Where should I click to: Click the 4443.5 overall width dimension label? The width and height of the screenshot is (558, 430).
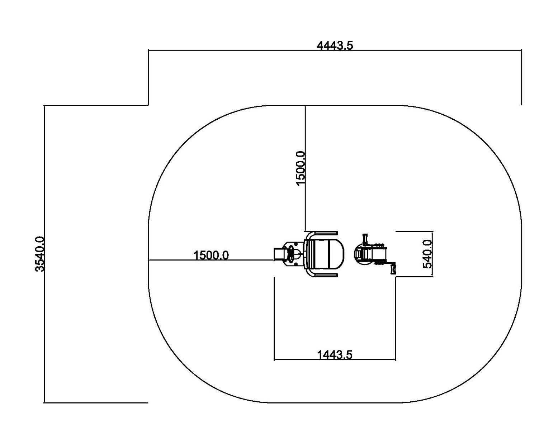point(335,46)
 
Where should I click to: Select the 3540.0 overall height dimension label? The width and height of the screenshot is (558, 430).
point(40,254)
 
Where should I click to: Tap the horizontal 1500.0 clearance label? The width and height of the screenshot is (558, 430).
point(211,255)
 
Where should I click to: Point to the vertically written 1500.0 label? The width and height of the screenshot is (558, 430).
point(301,168)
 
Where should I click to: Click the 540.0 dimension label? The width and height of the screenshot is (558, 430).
point(427,254)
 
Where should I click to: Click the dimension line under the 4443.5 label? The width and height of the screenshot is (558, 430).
point(335,50)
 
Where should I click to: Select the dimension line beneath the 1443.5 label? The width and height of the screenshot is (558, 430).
point(335,360)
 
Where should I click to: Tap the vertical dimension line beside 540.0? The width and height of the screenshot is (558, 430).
point(432,254)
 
